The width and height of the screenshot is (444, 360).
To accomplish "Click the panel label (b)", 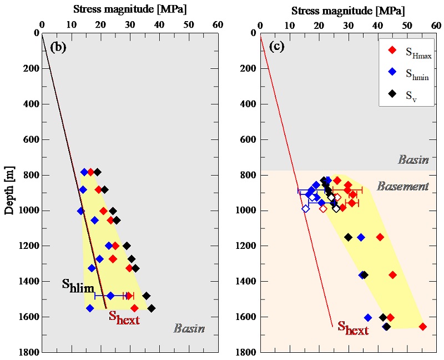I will pos(58,47).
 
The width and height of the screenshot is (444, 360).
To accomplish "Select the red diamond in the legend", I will pos(392,51).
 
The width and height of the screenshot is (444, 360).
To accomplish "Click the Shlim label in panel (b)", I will pos(77,286).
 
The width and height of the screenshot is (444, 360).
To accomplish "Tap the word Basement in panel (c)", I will pos(403,187).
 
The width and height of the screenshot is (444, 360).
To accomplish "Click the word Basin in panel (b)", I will pos(189,328).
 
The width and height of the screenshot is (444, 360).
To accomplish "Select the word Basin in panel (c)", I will pos(413,160).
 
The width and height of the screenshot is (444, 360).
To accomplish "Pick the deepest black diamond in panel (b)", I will pos(152,308).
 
